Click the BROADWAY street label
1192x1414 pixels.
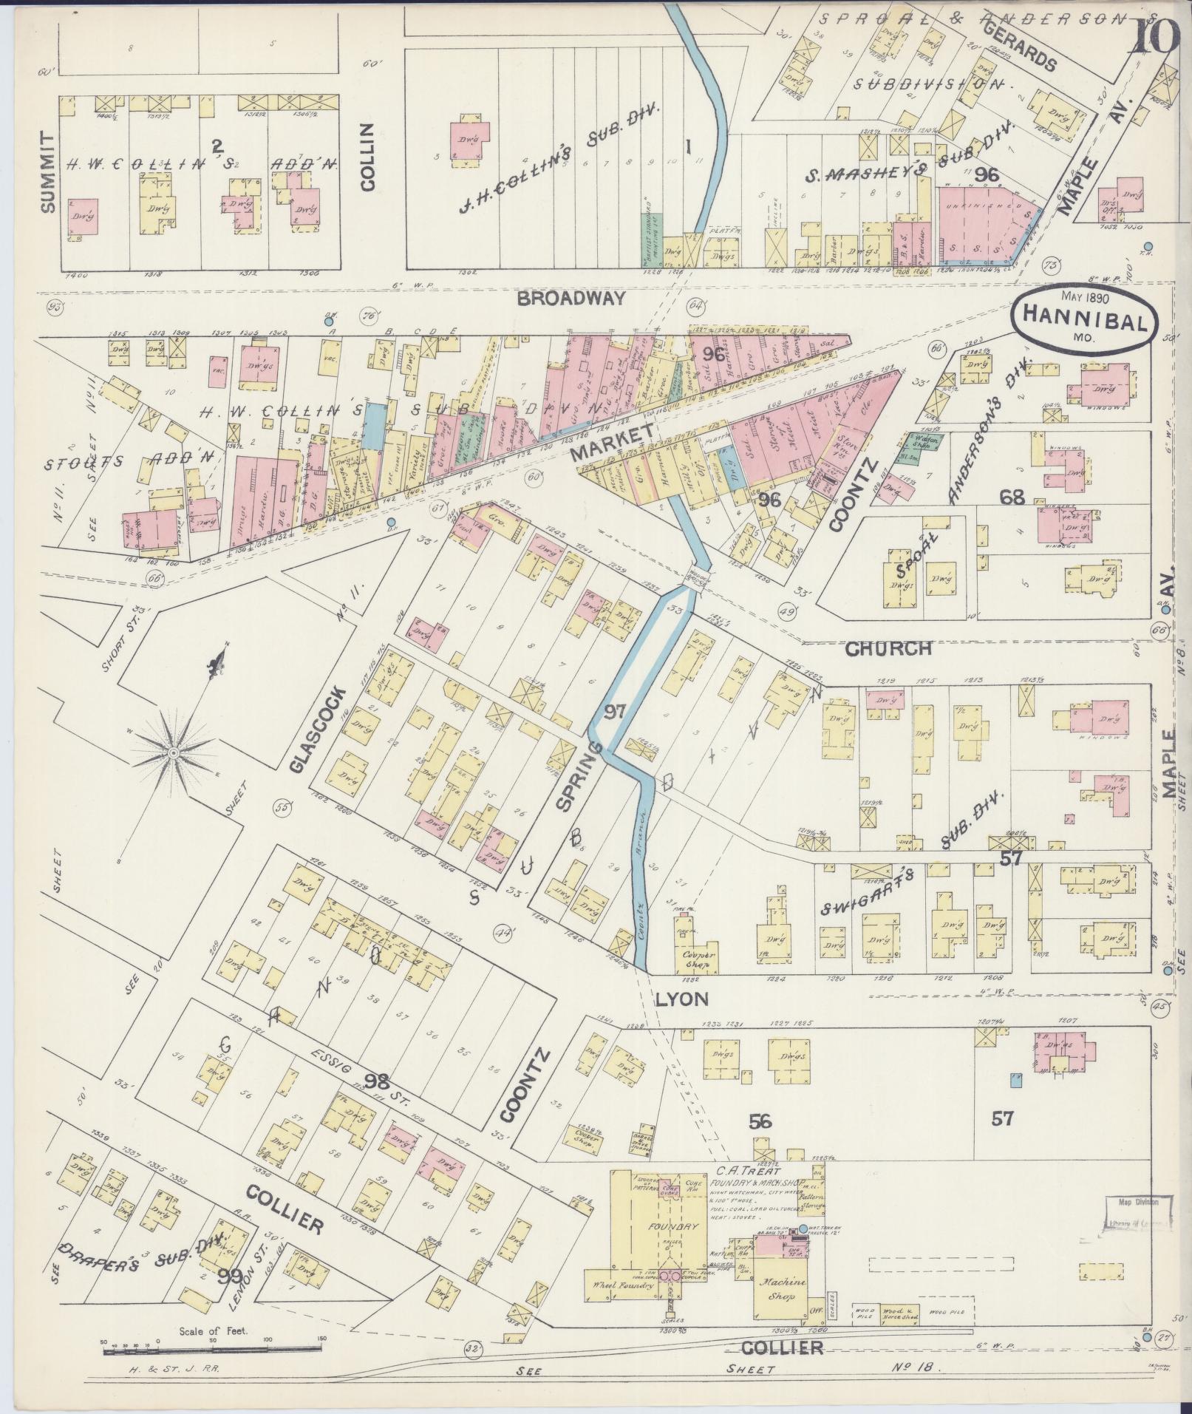[571, 299]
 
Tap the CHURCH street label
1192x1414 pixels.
[888, 649]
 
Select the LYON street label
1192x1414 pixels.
[681, 999]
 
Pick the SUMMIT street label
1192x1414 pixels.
[49, 172]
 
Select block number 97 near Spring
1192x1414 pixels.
[615, 711]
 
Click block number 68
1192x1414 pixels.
[1012, 497]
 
